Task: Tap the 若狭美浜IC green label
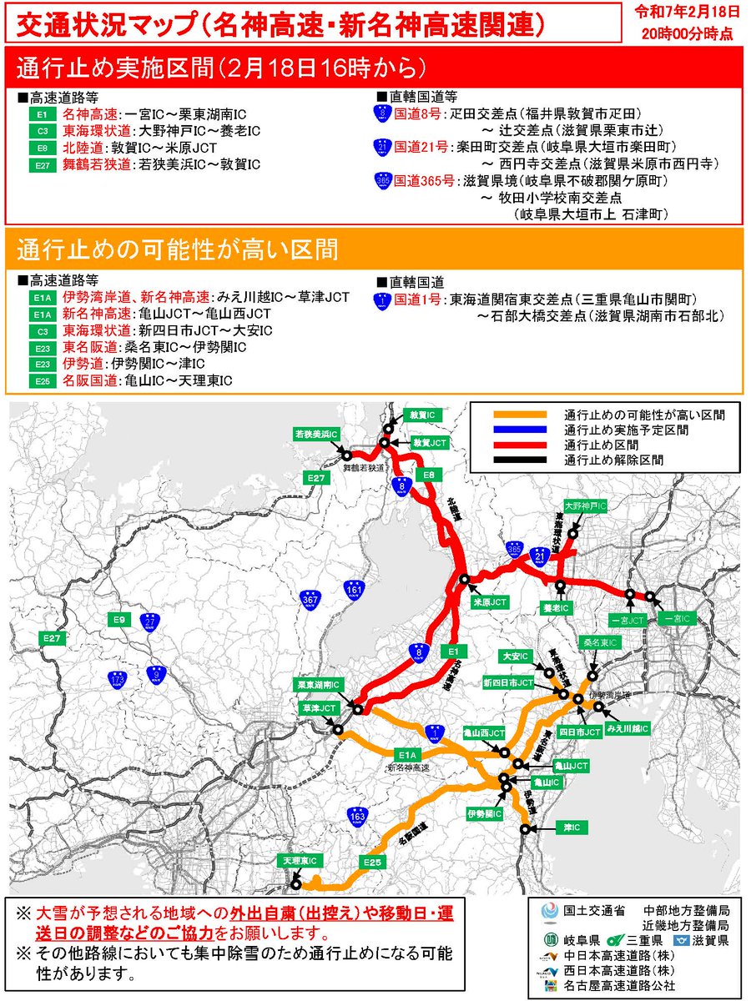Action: click(x=316, y=434)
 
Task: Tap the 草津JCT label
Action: click(x=318, y=707)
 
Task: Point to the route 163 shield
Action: click(x=357, y=815)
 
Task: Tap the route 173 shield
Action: click(x=118, y=681)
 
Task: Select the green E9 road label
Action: click(x=119, y=620)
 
